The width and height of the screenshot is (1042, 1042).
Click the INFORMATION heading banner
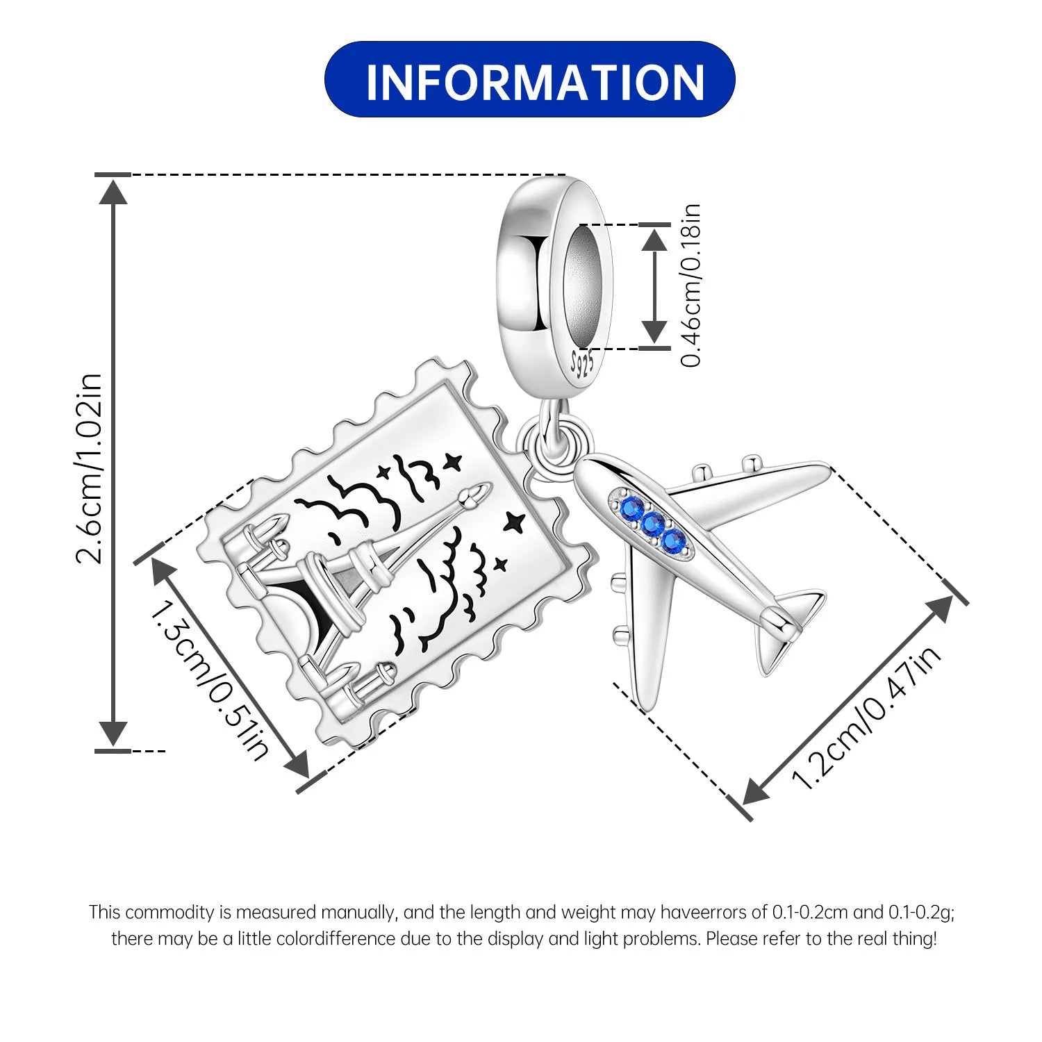click(x=529, y=79)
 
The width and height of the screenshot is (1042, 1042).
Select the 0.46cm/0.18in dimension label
click(x=691, y=285)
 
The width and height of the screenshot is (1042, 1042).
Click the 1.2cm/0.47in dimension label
click(x=866, y=717)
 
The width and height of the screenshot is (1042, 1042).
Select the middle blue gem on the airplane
click(x=652, y=524)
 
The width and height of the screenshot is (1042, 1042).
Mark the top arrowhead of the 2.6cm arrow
click(x=113, y=190)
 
